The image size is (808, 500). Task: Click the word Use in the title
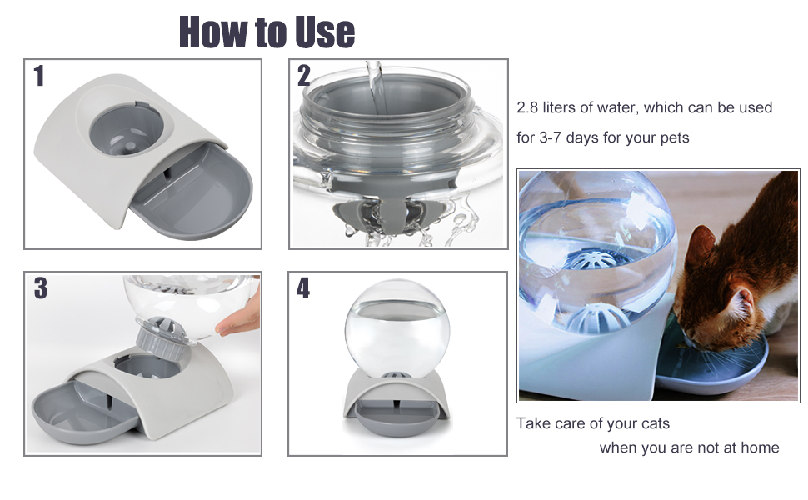tap(325, 32)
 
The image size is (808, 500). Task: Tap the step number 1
tap(38, 76)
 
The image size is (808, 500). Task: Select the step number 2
tap(303, 76)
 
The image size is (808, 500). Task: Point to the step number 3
tap(41, 288)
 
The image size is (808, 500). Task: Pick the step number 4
tap(303, 288)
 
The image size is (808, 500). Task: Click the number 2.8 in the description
tap(527, 107)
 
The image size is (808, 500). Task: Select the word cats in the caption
tap(656, 423)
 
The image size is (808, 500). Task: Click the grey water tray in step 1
tap(192, 193)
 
